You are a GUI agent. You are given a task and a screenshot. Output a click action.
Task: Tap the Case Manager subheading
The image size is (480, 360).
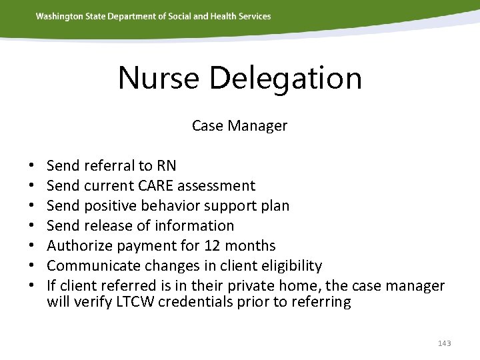click(x=239, y=125)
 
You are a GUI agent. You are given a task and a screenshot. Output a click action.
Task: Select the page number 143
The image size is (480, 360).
click(x=445, y=343)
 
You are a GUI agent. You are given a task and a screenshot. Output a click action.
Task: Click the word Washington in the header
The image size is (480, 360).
click(x=60, y=16)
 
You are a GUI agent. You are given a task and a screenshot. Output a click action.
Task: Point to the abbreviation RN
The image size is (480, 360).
click(x=166, y=165)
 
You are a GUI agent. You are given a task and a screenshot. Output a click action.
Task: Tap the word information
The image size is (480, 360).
click(x=199, y=225)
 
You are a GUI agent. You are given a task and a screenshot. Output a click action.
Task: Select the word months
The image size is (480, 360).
click(x=255, y=245)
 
